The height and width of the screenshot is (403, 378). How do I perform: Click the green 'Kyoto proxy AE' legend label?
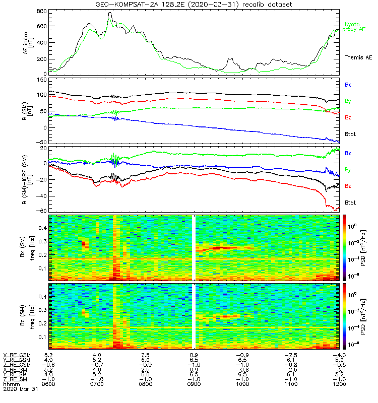tap(354, 27)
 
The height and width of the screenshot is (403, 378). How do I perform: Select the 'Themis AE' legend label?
tap(358, 57)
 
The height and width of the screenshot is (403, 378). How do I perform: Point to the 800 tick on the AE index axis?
tap(42, 11)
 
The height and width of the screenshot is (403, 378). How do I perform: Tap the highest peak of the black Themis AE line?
tap(110, 12)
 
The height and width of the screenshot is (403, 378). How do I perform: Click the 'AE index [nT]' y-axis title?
tap(28, 42)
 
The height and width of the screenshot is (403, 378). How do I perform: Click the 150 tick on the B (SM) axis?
tap(42, 80)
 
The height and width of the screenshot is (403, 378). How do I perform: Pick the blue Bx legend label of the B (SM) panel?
tap(348, 85)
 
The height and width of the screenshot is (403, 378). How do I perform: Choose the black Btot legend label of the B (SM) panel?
tap(350, 134)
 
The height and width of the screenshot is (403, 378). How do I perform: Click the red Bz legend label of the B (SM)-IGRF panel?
tap(348, 186)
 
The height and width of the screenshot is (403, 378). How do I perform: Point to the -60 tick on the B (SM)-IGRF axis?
tap(41, 211)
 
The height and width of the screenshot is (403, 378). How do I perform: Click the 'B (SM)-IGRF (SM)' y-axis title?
tap(27, 180)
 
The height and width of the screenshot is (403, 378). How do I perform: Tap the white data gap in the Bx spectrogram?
tap(194, 247)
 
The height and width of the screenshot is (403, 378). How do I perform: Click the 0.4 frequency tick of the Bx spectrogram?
tap(43, 228)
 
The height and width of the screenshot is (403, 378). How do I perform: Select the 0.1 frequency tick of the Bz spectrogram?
tap(43, 337)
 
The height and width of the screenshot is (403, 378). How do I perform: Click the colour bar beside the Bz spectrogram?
tap(344, 316)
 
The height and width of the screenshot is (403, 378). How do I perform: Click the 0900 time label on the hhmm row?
tap(194, 384)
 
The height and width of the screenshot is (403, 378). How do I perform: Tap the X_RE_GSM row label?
tap(17, 355)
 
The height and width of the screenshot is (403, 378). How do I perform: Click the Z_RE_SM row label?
tap(15, 379)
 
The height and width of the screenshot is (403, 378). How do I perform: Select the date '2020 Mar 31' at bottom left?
tap(20, 389)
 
